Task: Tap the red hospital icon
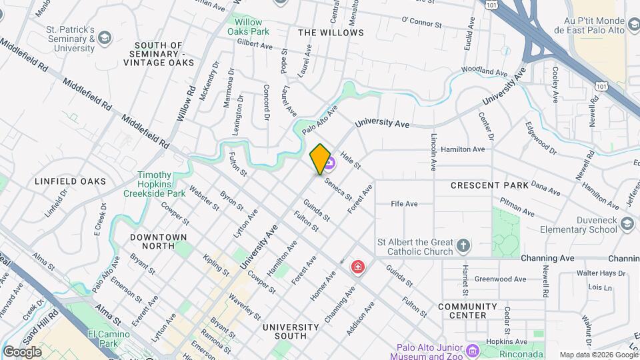358,267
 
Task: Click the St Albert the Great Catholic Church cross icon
464,247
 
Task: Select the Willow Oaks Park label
248,27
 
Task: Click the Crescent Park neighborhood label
489,185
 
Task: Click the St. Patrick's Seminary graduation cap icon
104,39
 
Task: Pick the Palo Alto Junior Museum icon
473,350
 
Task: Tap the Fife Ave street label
404,203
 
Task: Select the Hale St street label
351,159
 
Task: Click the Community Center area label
467,311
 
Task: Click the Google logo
22,352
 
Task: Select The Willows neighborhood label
331,32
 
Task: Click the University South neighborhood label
290,332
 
